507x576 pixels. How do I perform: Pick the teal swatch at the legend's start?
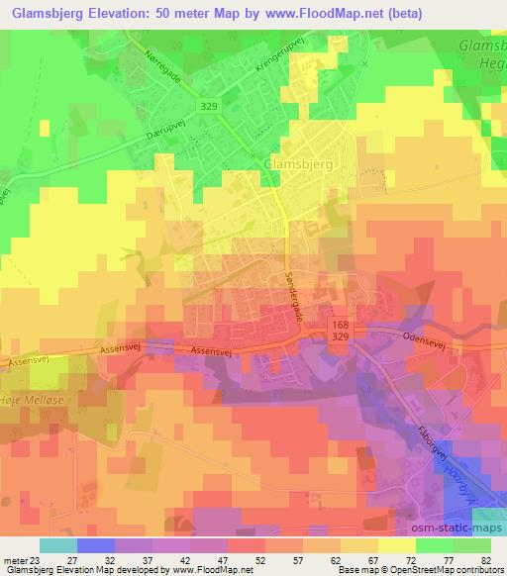point(58,545)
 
